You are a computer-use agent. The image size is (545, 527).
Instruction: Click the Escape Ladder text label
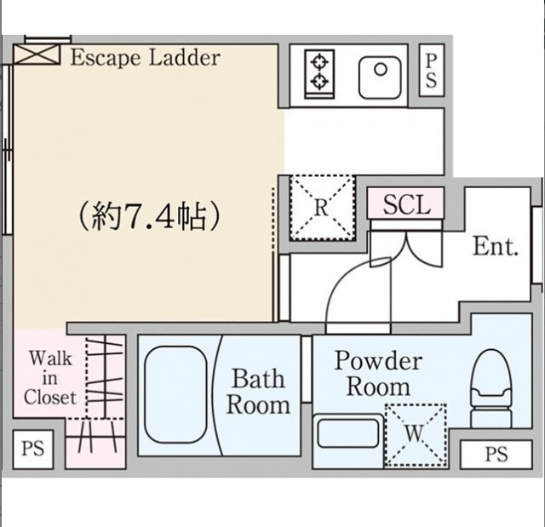tap(146, 58)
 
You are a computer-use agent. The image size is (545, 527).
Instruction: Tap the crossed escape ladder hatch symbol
tap(37, 54)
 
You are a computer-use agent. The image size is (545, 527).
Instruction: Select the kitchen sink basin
tap(380, 77)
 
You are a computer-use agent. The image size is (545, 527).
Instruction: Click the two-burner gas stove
tap(320, 74)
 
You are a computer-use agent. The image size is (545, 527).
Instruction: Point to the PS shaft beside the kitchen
tap(432, 70)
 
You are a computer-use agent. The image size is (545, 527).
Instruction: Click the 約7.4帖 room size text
tap(149, 216)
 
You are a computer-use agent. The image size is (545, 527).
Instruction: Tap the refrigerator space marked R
tap(322, 208)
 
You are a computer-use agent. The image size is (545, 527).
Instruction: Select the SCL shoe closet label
tap(407, 204)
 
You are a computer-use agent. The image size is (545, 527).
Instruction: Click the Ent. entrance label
tap(496, 246)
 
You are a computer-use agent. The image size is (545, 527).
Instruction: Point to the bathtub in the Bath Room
tap(176, 395)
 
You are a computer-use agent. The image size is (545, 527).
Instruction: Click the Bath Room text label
tap(258, 392)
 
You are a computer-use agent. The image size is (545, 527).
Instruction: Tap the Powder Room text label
tap(378, 374)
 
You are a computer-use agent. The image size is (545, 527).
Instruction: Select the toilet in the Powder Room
tap(491, 388)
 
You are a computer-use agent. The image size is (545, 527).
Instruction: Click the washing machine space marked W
tap(416, 434)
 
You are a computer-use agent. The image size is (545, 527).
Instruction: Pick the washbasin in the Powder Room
tap(348, 432)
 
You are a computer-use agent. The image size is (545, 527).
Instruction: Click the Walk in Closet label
tap(50, 378)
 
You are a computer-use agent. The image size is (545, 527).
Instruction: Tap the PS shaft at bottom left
tap(33, 450)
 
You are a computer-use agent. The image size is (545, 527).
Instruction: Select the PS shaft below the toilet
tap(496, 454)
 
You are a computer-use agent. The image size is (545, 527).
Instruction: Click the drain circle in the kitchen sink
tap(381, 70)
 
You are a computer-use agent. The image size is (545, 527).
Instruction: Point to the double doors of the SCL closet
tap(406, 246)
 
